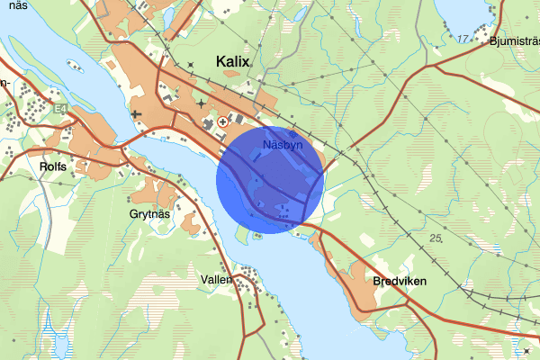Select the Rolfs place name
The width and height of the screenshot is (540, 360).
coord(54,166)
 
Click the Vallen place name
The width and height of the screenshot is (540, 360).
coord(216,279)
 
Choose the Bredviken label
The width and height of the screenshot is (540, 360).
coord(398,281)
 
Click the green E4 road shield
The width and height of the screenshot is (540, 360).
coord(60,109)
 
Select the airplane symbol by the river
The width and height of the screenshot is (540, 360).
coord(136,114)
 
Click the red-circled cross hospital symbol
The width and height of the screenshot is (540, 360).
coord(222,119)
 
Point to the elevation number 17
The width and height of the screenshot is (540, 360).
coord(463,39)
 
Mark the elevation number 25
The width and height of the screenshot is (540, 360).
coord(436,238)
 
